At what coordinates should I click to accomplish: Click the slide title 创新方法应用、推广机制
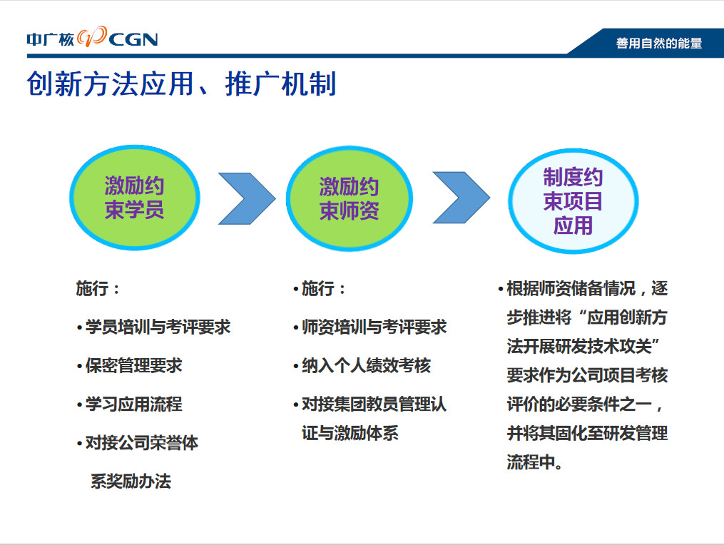pos(181,83)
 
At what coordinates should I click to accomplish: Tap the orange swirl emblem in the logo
pos(92,36)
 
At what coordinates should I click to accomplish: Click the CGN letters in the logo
pos(133,40)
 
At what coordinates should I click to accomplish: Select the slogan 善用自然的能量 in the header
pos(659,44)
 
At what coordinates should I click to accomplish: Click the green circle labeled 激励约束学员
pos(134,198)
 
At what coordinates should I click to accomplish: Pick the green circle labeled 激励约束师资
pos(349,199)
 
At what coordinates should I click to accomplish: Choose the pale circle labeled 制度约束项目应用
pos(573,201)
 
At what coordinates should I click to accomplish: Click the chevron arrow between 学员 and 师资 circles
pos(247,198)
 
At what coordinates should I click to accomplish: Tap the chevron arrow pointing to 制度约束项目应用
pos(462,198)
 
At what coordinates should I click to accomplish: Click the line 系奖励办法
pos(131,482)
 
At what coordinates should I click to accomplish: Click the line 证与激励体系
pos(350,433)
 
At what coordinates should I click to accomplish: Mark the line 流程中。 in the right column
pos(534,462)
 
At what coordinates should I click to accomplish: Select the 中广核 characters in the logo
pos(51,40)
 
